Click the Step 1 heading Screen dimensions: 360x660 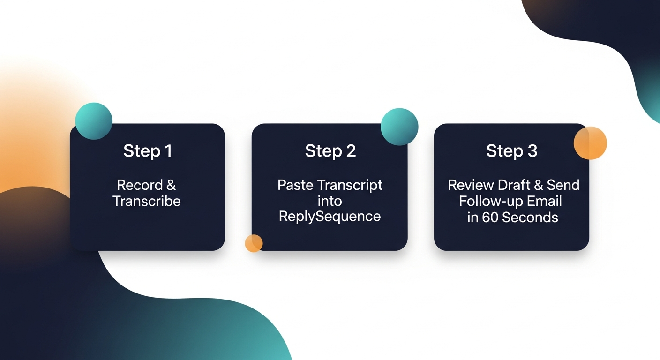click(x=147, y=151)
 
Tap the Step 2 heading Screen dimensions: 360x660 click(x=330, y=151)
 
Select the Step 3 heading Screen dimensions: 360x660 click(x=511, y=151)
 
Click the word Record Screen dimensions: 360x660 click(x=139, y=185)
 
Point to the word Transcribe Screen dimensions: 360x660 click(x=147, y=201)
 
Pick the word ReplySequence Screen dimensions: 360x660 click(x=330, y=217)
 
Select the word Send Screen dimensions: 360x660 click(x=563, y=185)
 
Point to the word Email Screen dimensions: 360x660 click(x=544, y=201)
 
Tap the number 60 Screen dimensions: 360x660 click(x=490, y=217)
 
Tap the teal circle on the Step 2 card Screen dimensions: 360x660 click(x=399, y=127)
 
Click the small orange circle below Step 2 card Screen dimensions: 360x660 click(x=254, y=243)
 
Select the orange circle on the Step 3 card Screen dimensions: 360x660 click(x=590, y=143)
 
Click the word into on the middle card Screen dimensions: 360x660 click(x=330, y=201)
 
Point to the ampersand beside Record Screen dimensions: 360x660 click(x=171, y=185)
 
